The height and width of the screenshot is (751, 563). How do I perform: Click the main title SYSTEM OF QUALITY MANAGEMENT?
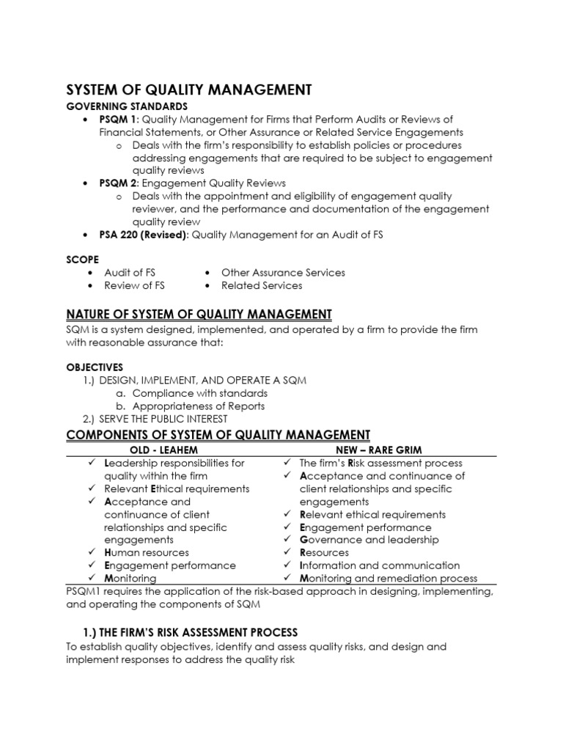point(189,89)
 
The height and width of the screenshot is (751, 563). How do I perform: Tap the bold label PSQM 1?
point(120,120)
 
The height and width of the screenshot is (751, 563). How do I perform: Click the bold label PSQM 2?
point(120,183)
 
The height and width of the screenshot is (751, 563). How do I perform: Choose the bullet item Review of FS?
point(134,285)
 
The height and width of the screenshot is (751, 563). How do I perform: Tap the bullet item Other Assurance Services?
point(283,272)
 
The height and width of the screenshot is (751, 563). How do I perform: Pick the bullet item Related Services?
point(262,285)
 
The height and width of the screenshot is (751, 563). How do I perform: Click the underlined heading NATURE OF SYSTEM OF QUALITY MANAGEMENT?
point(199,314)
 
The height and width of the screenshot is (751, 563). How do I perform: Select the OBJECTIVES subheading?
point(95,367)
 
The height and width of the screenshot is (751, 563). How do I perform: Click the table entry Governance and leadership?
point(369,540)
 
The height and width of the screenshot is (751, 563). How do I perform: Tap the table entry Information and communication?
point(380,565)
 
